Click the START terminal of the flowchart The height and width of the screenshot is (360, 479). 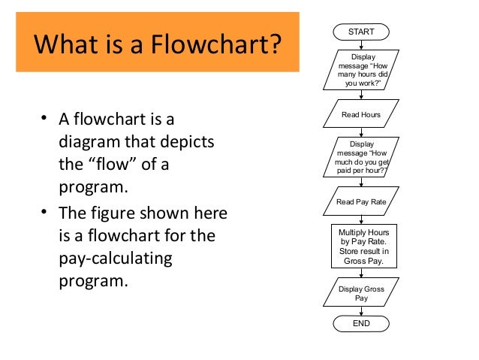click(x=361, y=32)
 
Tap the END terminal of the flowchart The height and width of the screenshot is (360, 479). click(x=361, y=323)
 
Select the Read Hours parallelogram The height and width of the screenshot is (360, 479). click(x=361, y=115)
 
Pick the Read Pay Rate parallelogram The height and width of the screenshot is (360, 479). click(x=361, y=201)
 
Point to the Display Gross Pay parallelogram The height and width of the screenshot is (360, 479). click(x=361, y=292)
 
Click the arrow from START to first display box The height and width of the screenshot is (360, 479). click(x=361, y=45)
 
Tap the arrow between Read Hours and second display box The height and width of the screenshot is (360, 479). click(x=361, y=132)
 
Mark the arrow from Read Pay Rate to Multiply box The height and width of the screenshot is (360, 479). click(x=361, y=219)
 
